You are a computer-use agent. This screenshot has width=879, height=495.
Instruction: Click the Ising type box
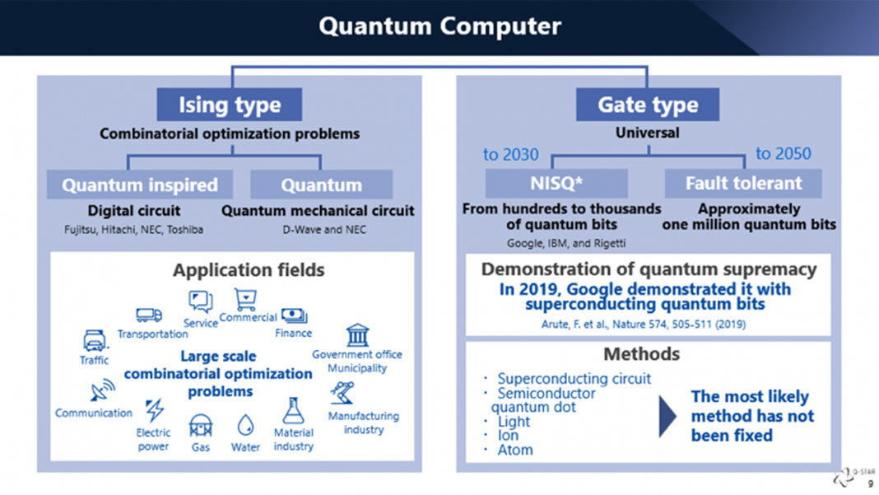230,105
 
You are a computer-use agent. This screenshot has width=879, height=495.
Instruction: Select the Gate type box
647,105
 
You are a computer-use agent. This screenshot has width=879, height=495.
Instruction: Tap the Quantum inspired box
139,184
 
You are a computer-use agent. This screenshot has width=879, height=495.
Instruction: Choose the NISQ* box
556,184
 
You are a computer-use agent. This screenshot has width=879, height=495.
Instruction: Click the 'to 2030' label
510,155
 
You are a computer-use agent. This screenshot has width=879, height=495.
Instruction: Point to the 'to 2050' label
783,154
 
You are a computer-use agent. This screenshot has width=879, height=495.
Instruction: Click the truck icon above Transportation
149,315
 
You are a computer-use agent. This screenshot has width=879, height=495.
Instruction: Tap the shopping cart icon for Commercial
245,298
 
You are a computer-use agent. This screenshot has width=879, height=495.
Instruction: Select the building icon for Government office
357,335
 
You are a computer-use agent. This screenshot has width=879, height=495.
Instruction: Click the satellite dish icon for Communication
103,391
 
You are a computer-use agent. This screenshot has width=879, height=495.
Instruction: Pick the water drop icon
245,426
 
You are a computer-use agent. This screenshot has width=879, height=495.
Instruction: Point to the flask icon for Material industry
293,410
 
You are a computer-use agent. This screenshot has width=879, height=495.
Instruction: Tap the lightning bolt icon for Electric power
154,409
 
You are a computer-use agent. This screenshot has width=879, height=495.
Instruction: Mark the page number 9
871,484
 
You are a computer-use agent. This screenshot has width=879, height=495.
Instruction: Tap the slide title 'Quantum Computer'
439,26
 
